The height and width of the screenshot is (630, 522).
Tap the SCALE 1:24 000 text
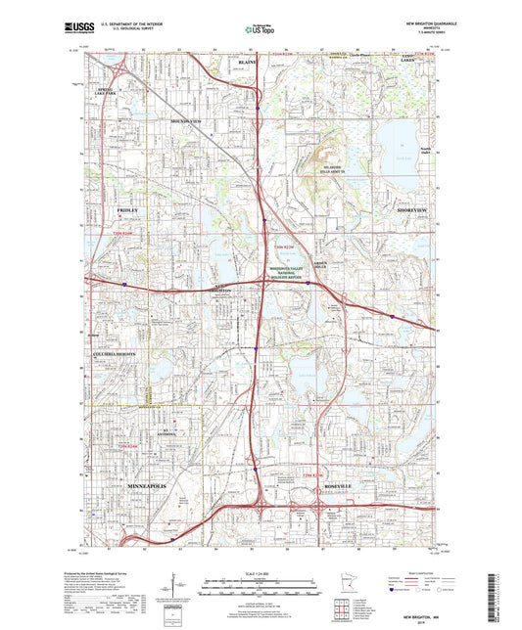[261, 572]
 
